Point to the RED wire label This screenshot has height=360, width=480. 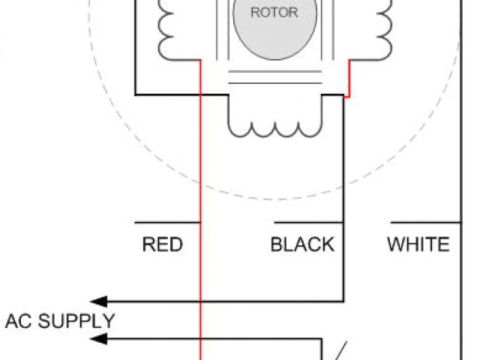point(162,244)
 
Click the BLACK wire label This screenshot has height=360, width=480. point(302,244)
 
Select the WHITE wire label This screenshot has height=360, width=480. point(418,244)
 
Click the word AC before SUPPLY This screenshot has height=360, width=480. point(19,322)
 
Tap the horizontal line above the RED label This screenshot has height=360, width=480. point(166,223)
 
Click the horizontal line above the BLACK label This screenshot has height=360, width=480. point(308,223)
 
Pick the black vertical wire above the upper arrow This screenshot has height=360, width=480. point(343,262)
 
